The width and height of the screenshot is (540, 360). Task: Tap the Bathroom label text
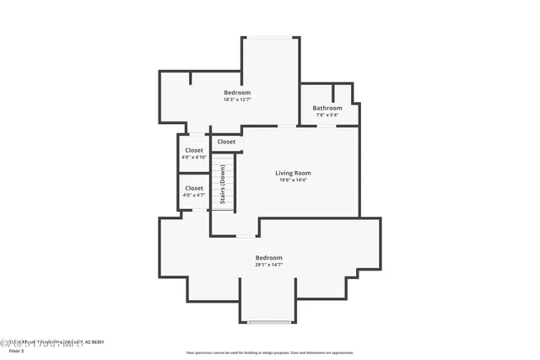click(x=327, y=108)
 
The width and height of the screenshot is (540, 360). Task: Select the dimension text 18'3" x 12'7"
click(x=237, y=99)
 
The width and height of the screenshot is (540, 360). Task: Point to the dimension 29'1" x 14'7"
click(x=268, y=265)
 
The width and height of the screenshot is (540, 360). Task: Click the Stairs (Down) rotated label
click(x=223, y=184)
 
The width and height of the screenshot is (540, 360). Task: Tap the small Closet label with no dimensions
click(x=226, y=142)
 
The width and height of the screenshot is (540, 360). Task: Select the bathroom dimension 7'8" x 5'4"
click(x=327, y=115)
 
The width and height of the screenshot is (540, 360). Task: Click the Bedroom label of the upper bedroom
click(x=237, y=92)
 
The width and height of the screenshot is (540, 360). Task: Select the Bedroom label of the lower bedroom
click(x=268, y=257)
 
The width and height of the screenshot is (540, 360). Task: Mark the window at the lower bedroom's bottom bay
click(x=268, y=322)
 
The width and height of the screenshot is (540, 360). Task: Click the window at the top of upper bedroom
click(x=271, y=37)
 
